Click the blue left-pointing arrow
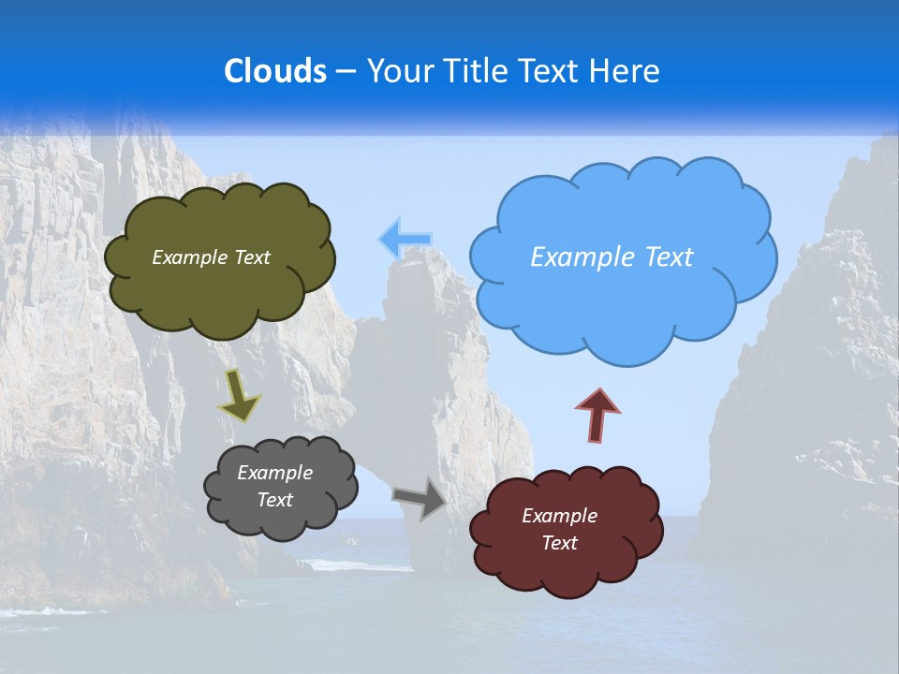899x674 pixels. click(405, 240)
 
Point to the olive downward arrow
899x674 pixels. click(239, 393)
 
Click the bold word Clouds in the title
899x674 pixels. click(275, 71)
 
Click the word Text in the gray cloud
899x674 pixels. click(275, 500)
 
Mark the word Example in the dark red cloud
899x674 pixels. click(559, 516)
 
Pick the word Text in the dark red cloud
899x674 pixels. click(559, 543)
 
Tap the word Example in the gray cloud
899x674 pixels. click(275, 473)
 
